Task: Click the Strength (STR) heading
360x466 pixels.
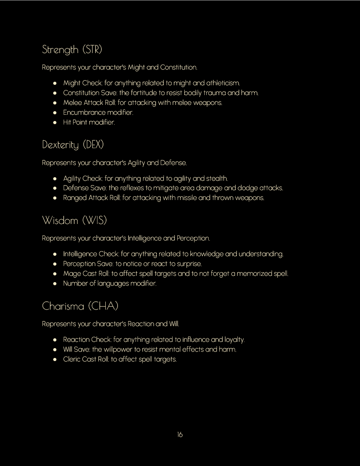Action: tap(72, 50)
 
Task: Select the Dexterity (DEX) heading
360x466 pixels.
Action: tap(73, 145)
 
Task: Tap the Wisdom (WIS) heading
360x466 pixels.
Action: tap(74, 220)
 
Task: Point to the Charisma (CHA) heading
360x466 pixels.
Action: tap(80, 306)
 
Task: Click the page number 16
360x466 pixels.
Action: tap(180, 435)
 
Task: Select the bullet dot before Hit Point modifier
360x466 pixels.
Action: tap(55, 122)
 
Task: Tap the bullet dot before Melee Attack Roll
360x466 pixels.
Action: tap(55, 103)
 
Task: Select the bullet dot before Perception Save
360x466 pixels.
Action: tap(55, 264)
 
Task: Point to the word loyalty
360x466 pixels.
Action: tap(234, 339)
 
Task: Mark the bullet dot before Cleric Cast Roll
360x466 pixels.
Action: tap(55, 359)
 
